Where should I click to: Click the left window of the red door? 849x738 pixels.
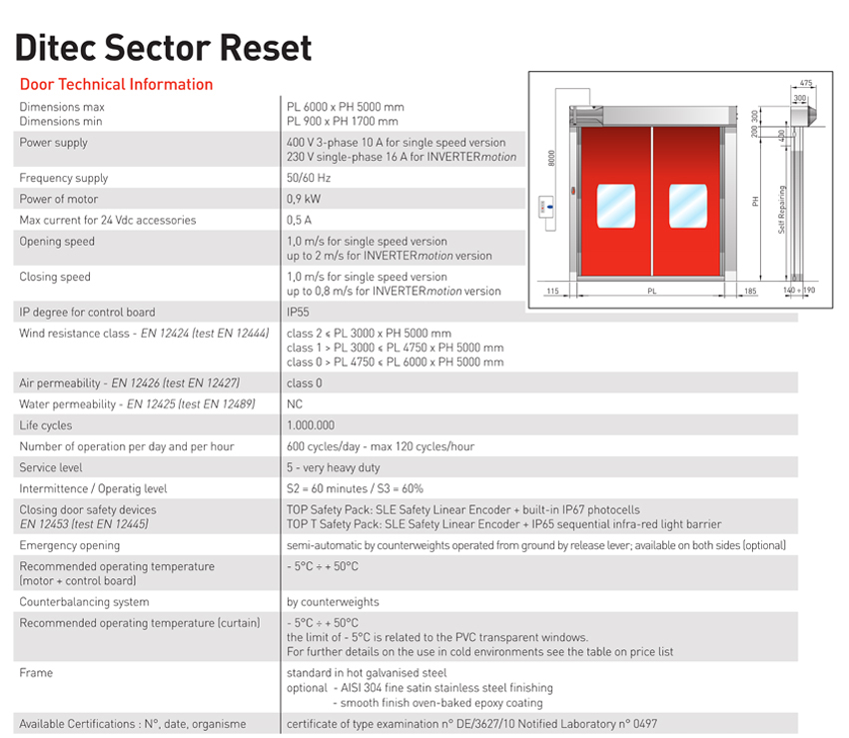click(x=615, y=206)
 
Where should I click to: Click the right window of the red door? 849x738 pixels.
click(x=687, y=206)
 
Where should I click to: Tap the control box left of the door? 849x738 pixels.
click(x=546, y=207)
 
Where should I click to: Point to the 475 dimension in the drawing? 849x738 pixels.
click(x=806, y=83)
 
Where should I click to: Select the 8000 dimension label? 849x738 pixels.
click(x=551, y=158)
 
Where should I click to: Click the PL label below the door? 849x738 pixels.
click(x=652, y=291)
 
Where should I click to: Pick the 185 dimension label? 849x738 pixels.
click(x=750, y=291)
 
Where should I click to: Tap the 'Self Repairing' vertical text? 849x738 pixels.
click(x=781, y=210)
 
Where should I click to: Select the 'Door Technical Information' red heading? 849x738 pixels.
click(x=117, y=85)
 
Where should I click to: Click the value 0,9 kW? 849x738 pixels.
click(x=304, y=199)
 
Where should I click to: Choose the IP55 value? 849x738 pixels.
click(x=298, y=312)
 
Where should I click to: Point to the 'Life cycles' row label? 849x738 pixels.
click(x=46, y=425)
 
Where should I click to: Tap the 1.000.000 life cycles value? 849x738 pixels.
click(x=311, y=425)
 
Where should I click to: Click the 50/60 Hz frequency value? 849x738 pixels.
click(x=309, y=178)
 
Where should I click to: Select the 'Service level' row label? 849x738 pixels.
click(x=51, y=467)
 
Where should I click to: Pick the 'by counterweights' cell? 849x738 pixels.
click(x=333, y=602)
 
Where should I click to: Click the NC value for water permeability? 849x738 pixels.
click(x=295, y=403)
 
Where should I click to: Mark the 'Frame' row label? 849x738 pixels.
click(x=36, y=672)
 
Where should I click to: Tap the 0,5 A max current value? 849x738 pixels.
click(x=300, y=220)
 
